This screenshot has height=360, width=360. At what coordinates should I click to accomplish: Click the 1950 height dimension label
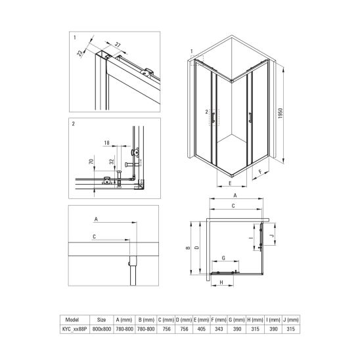pos(281,113)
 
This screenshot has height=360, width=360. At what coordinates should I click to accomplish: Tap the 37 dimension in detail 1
pos(118,45)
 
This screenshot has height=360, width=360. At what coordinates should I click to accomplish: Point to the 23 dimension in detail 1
pos(79,53)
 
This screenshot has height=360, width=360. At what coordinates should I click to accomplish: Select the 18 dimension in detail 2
pos(107,143)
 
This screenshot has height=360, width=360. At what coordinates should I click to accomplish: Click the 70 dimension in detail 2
pos(91,162)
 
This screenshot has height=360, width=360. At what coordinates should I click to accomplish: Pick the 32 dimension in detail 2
pos(112,162)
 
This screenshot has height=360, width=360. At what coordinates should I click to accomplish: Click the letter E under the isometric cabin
pos(230,183)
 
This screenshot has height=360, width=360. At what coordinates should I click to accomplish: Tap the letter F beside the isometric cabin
pos(260,171)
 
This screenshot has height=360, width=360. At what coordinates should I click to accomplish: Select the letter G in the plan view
pos(223,258)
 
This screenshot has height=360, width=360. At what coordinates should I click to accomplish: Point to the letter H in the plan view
pos(221,282)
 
